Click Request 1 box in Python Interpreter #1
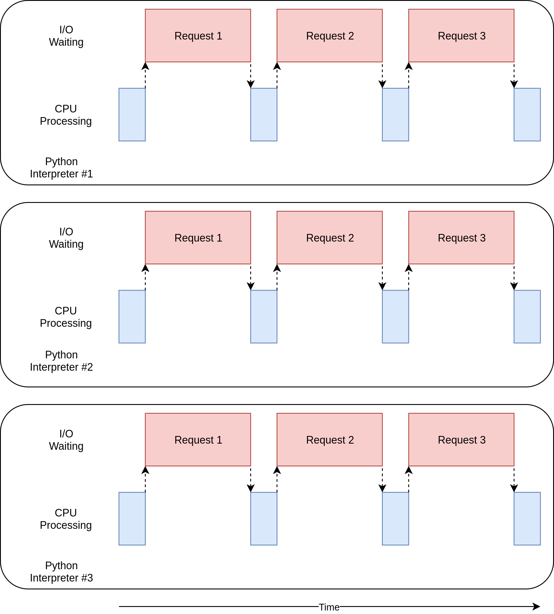pos(198,36)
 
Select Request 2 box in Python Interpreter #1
pos(330,36)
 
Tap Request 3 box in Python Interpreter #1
pos(461,36)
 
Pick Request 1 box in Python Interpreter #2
pos(198,237)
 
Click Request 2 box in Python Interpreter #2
pos(330,237)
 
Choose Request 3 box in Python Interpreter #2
pos(461,237)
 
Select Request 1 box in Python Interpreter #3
pos(198,439)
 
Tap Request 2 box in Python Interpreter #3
pos(330,439)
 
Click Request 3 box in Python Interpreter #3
pos(461,439)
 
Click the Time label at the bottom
pos(329,607)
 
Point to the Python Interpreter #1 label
pos(61,167)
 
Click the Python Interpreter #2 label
pos(61,361)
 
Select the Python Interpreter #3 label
pos(61,571)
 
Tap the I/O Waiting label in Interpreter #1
pos(66,36)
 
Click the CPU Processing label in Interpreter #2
pos(66,317)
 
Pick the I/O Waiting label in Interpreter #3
pos(66,439)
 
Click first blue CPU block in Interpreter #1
pos(132,114)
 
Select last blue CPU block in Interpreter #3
pos(527,518)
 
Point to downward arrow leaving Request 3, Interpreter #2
pos(514,277)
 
